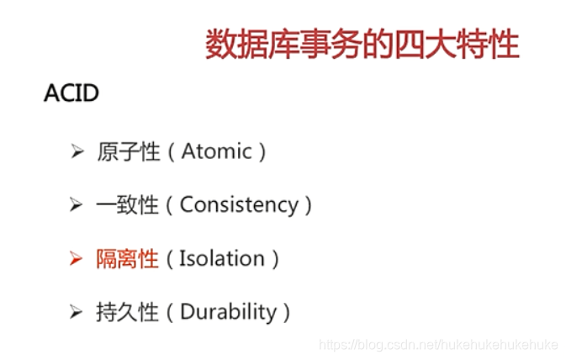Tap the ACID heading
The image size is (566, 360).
click(71, 93)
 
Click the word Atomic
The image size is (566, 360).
click(217, 151)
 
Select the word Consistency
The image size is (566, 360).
click(239, 204)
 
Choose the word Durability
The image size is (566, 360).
click(228, 312)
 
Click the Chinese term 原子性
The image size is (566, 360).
click(128, 151)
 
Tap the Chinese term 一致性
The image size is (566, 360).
click(128, 204)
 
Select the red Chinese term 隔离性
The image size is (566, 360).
click(128, 258)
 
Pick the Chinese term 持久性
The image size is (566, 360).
click(128, 312)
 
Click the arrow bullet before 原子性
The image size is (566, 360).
click(77, 151)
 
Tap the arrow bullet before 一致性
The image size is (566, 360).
click(77, 204)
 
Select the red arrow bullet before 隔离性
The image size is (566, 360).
click(77, 258)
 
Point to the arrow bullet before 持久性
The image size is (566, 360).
click(77, 312)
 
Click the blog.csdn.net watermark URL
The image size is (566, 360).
click(441, 346)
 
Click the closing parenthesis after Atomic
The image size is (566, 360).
click(263, 152)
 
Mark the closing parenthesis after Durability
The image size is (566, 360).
click(288, 313)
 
